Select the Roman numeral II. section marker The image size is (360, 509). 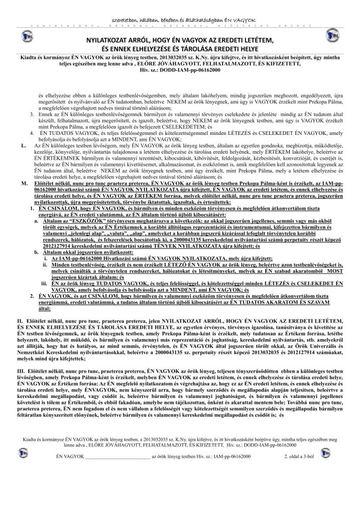click(21, 318)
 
